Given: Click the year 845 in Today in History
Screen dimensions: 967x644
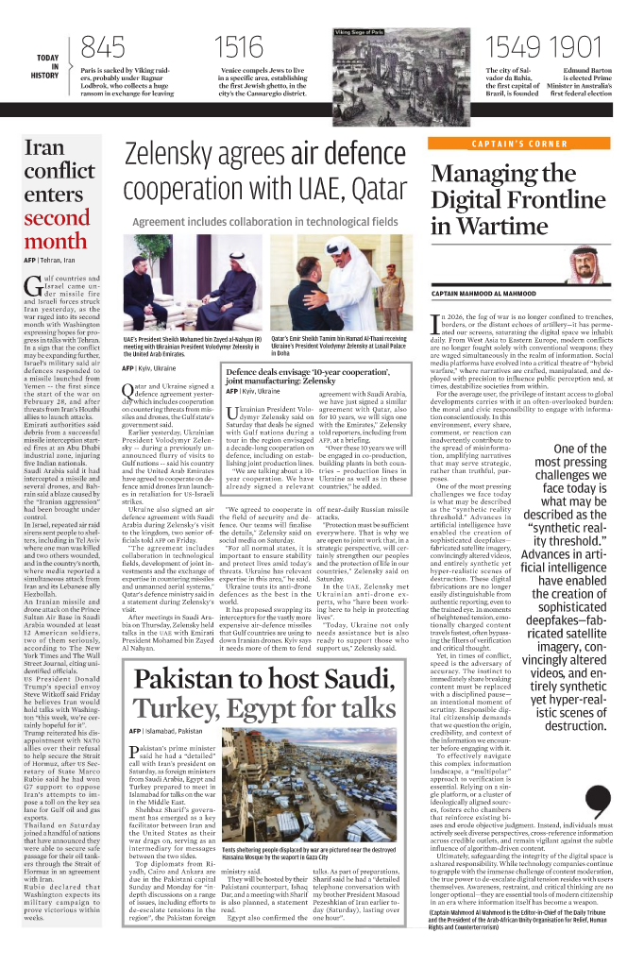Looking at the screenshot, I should pos(103,47).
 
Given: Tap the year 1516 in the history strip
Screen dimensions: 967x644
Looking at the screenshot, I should pos(240,47).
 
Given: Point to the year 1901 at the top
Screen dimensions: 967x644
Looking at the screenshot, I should pos(575,47).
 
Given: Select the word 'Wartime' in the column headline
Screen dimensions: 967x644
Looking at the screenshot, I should pos(534,226).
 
